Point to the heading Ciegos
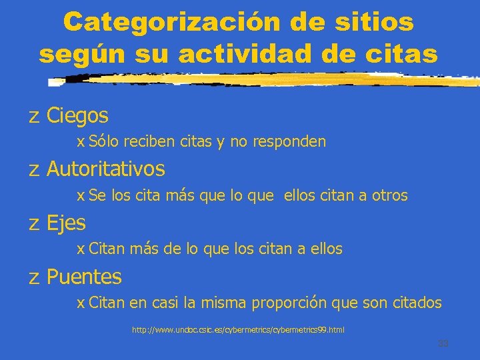click(x=77, y=116)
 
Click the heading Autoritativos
click(x=105, y=169)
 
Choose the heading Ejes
click(x=66, y=222)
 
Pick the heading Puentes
click(x=84, y=276)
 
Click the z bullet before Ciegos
click(x=34, y=117)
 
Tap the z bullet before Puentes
click(x=34, y=277)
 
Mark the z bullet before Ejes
click(x=34, y=223)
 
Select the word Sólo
click(x=102, y=141)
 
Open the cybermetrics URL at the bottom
click(x=238, y=330)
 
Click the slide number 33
click(x=443, y=343)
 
